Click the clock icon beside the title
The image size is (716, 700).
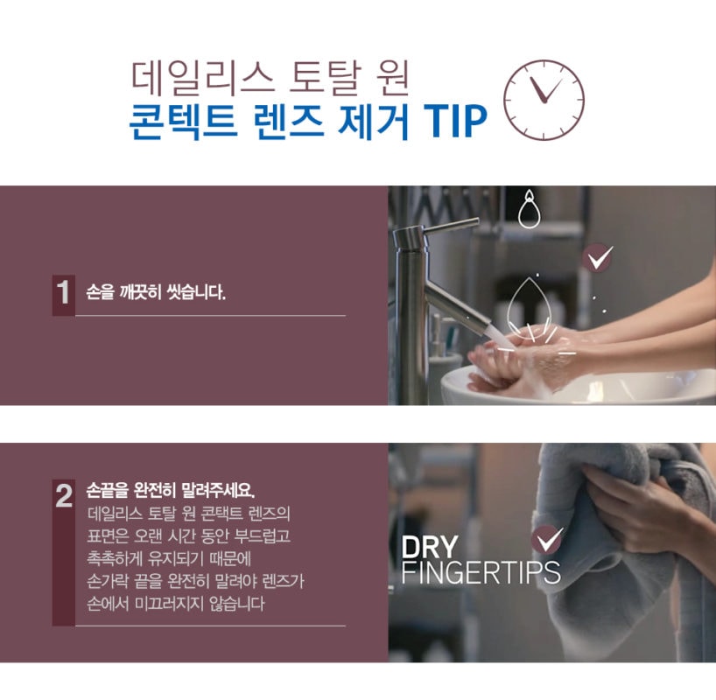[x=544, y=99]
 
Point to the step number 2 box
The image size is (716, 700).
[x=63, y=497]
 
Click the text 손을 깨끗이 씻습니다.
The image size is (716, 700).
[x=156, y=293]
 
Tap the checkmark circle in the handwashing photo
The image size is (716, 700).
[x=599, y=257]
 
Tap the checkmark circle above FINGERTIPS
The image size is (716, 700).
[x=546, y=540]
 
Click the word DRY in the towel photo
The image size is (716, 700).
[x=429, y=548]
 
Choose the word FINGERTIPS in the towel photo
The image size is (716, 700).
[x=481, y=572]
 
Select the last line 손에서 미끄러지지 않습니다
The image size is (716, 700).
[x=175, y=604]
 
